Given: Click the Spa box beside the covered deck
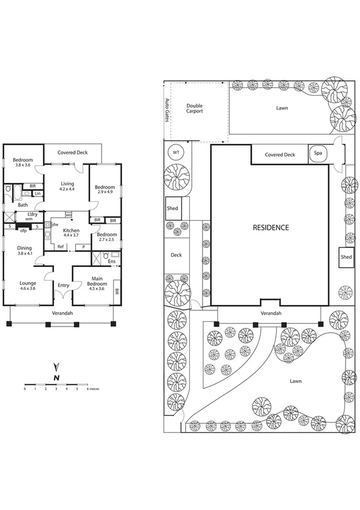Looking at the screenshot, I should pos(317,154).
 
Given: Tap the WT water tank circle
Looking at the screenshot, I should pos(176,153).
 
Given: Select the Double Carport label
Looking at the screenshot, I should pos(194,108).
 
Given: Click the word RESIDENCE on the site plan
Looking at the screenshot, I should pos(270,227).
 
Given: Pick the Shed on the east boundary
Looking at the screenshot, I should pos(346,257).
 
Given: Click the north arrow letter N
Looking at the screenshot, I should pos(56,377).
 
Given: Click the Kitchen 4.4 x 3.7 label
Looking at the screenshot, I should pos(72,233).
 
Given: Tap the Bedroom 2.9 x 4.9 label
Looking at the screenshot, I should pos(105,189).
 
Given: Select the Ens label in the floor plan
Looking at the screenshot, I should pos(112,261).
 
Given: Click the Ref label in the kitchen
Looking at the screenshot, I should pos(60,247).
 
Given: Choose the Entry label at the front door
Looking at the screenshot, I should pos(63,286).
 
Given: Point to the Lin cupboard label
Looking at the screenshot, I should pos(37,194).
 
